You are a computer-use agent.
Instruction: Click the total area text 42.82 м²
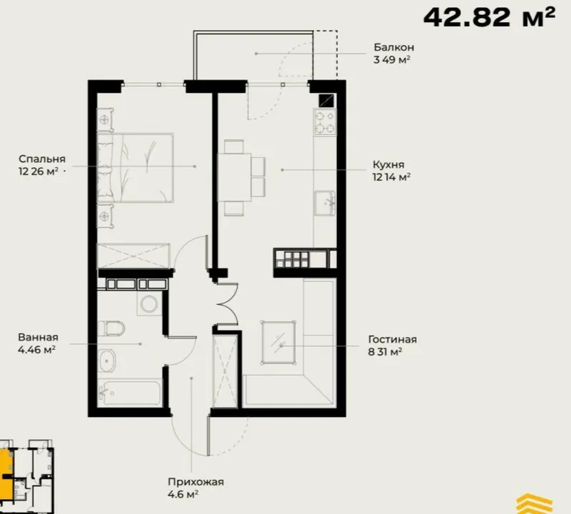490,17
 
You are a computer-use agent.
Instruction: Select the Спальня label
42,158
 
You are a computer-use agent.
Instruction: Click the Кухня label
388,165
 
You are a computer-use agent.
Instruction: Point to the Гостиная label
393,340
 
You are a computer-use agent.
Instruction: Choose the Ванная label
39,338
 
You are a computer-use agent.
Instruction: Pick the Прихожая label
196,482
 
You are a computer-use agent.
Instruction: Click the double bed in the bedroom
135,168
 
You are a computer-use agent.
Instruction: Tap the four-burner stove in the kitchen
325,122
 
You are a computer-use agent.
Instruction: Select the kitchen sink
325,203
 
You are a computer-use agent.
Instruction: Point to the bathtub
129,393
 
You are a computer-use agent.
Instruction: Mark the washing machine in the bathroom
148,303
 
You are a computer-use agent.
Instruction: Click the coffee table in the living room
278,343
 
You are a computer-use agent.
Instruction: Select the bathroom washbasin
106,361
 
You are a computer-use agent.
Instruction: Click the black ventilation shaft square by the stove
326,101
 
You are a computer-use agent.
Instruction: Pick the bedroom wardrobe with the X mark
133,256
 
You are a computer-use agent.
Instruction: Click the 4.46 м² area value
36,350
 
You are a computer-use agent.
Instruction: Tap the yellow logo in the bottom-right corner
534,504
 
